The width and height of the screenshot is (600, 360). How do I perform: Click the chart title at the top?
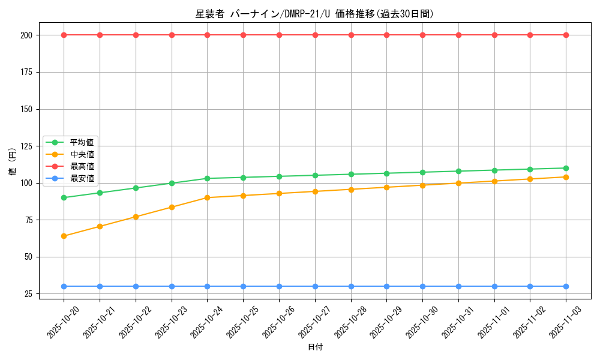(x=314, y=14)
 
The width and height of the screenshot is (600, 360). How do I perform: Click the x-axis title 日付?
(x=315, y=347)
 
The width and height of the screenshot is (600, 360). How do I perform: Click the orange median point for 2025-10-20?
(x=64, y=236)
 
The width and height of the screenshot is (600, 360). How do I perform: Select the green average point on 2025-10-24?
(x=207, y=178)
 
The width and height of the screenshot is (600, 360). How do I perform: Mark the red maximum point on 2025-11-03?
(x=566, y=35)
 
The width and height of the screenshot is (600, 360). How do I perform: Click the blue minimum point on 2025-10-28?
(x=351, y=286)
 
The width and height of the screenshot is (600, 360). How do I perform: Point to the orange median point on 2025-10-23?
(x=172, y=207)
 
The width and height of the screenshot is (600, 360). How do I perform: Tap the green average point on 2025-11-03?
(x=566, y=168)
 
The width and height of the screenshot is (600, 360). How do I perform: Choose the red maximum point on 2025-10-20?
(x=64, y=35)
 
